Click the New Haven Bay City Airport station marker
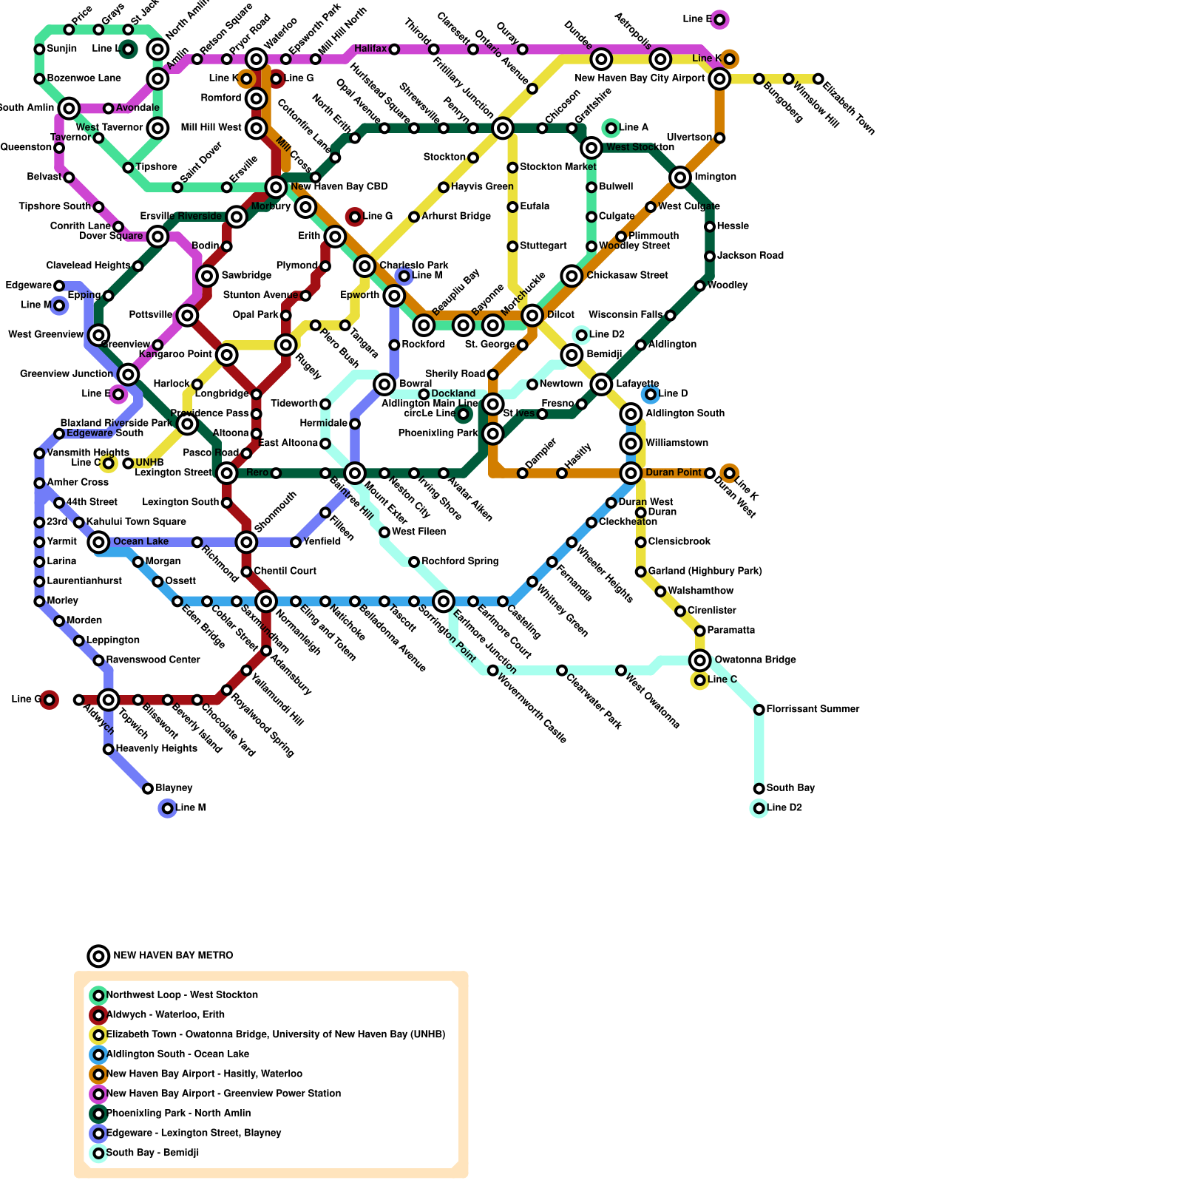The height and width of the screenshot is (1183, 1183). point(719,78)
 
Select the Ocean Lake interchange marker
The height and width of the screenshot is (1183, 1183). point(98,542)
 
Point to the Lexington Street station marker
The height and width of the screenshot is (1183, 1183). point(227,473)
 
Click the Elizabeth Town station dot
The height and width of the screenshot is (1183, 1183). point(818,79)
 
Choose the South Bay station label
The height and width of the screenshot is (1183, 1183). point(790,788)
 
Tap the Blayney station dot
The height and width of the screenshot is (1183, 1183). point(148,789)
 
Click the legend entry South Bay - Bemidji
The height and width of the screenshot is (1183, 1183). point(152,1153)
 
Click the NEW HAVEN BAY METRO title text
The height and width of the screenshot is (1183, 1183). point(173,956)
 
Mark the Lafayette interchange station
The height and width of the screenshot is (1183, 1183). point(601,384)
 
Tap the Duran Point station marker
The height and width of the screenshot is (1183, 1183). point(631,473)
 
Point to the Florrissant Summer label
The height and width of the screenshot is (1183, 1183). point(813,710)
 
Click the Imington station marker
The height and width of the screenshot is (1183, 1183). point(680,177)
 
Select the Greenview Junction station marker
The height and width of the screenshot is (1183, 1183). point(128,374)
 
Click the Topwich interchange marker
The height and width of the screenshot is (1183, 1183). point(109,699)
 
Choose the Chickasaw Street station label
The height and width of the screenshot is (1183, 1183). point(627,276)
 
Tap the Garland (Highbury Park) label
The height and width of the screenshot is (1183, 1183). point(705,572)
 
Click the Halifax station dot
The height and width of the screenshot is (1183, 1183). point(394,50)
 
